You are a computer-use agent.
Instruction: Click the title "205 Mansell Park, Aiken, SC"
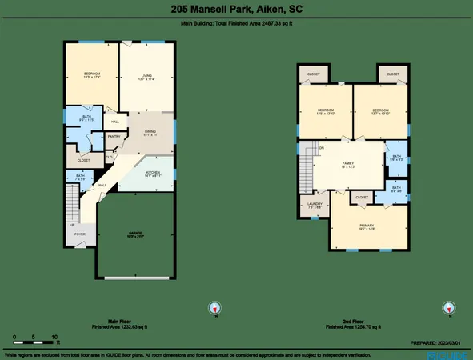(x=236, y=10)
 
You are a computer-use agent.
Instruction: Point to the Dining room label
(x=150, y=133)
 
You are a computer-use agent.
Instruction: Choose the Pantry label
(x=114, y=136)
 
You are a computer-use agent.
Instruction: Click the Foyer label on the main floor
(x=80, y=235)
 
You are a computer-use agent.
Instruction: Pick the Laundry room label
(x=314, y=205)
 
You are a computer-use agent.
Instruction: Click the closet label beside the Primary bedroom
(x=362, y=197)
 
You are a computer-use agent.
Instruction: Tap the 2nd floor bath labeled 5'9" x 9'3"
(x=397, y=158)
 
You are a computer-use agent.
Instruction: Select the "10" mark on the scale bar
(x=54, y=336)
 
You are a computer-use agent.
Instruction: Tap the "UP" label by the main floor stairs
(x=73, y=226)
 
